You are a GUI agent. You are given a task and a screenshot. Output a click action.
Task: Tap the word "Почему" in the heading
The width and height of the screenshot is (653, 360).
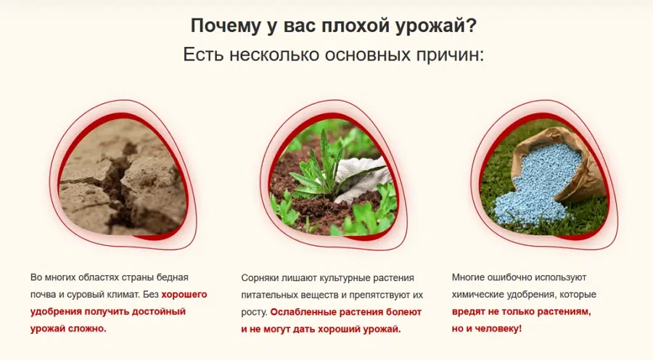click(x=222, y=25)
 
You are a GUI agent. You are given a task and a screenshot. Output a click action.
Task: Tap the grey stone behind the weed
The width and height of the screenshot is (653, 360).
click(x=363, y=178)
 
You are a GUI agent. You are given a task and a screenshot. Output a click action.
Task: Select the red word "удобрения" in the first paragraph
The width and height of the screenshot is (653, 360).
click(x=57, y=311)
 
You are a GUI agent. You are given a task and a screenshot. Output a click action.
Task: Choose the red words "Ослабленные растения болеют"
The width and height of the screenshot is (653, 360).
click(x=345, y=312)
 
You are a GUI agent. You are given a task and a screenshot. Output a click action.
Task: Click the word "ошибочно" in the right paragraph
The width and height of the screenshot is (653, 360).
click(x=508, y=278)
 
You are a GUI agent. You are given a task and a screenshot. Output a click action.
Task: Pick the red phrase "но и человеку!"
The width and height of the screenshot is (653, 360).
click(x=486, y=329)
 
